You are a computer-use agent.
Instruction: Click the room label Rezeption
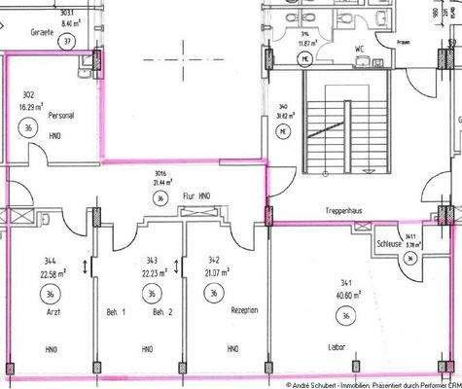[x=244, y=310]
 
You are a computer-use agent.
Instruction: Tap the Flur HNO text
[x=197, y=195]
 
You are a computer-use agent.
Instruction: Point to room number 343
[x=151, y=260]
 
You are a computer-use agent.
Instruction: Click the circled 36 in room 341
[x=344, y=315]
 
